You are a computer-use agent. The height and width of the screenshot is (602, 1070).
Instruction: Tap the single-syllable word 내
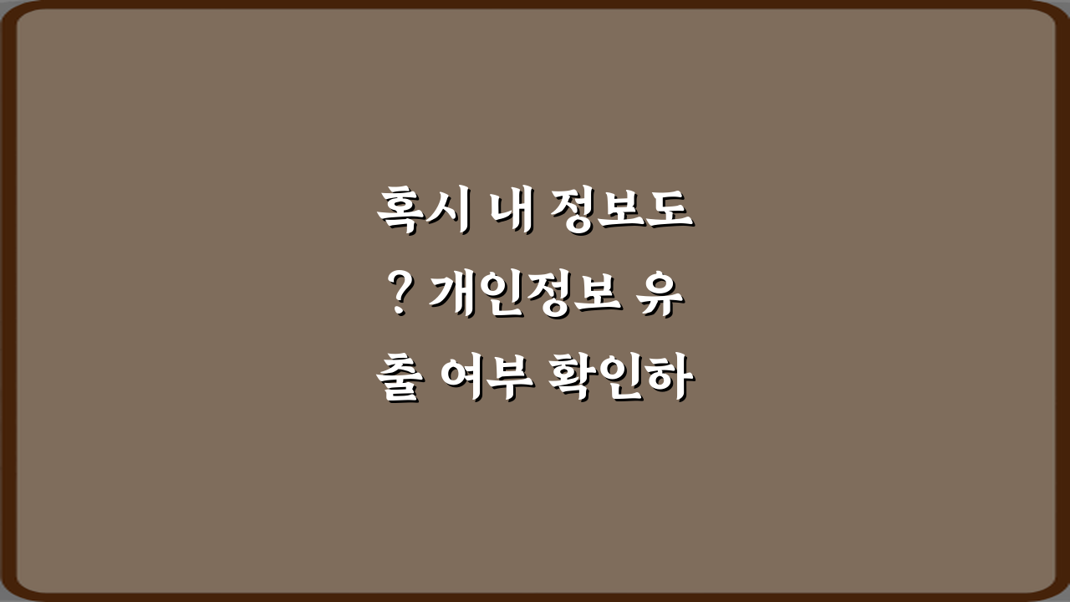(x=511, y=212)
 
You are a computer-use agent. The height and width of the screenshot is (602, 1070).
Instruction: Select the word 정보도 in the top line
(x=622, y=212)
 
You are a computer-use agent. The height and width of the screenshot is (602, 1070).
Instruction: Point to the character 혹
(x=399, y=212)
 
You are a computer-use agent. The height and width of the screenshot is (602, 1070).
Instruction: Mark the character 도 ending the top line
(x=671, y=212)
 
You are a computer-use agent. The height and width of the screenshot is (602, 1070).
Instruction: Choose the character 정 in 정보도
(x=573, y=212)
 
